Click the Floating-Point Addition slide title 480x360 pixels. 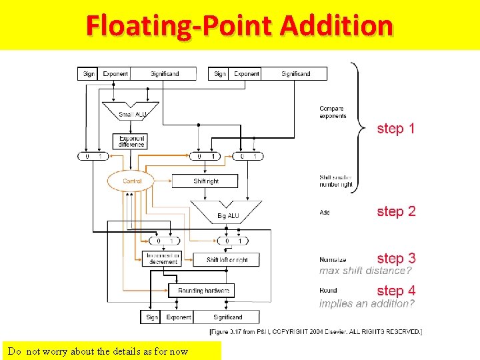[x=239, y=26]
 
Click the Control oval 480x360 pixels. [x=131, y=181]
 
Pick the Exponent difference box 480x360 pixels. [x=131, y=141]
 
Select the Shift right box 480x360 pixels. [x=205, y=181]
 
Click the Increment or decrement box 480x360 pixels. [x=163, y=259]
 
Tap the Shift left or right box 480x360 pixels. [x=227, y=259]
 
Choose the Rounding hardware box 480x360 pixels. [x=203, y=291]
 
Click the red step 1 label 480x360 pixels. [x=395, y=128]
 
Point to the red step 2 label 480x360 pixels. [x=395, y=211]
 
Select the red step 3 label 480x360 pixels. [x=395, y=258]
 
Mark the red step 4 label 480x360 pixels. [x=395, y=291]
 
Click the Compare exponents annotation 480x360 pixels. [x=333, y=112]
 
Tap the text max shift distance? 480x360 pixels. [x=365, y=271]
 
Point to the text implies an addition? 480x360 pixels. [x=367, y=303]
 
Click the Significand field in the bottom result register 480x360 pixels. [x=227, y=317]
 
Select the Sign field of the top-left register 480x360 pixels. [x=89, y=74]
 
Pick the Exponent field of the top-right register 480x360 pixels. [x=247, y=74]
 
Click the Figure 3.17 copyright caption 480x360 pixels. [x=315, y=331]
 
